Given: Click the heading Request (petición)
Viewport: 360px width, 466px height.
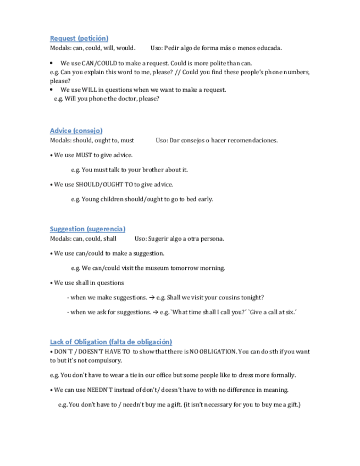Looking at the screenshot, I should (x=79, y=38).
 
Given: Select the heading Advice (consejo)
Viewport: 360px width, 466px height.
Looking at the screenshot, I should (x=76, y=131).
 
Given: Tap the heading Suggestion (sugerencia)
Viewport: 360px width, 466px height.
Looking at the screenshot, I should (x=87, y=229).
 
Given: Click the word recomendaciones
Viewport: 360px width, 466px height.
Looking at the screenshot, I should (x=251, y=140).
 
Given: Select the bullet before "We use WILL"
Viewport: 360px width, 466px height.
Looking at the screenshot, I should (x=51, y=90).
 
